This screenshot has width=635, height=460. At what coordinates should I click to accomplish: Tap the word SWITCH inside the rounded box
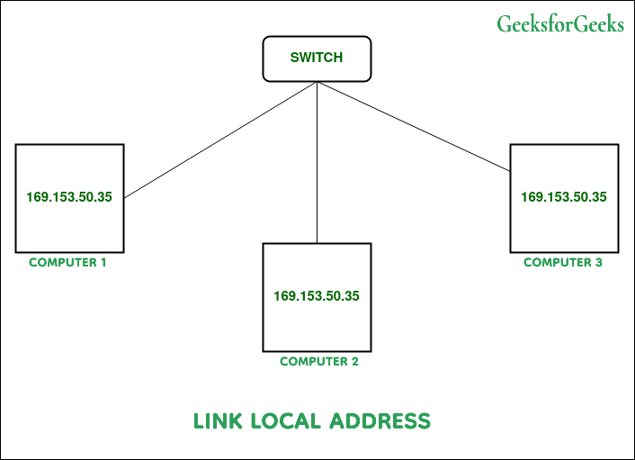316,58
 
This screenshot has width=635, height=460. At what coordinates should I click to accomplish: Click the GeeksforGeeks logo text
559,24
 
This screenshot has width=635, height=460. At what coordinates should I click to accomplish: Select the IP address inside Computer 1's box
69,197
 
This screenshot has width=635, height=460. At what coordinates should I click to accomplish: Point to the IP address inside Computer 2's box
317,295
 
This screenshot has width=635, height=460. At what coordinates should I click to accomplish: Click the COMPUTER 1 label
68,263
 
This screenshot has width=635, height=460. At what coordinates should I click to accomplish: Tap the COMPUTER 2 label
319,362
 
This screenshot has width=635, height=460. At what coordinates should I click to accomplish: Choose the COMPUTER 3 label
563,263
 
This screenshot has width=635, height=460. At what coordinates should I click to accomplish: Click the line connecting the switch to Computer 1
220,140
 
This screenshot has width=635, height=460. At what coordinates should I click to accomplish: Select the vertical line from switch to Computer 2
317,162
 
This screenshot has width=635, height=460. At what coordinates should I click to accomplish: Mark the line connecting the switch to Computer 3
414,126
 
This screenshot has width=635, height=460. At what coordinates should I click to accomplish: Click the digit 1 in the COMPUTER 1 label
103,263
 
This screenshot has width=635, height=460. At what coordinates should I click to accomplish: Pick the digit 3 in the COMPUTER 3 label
598,263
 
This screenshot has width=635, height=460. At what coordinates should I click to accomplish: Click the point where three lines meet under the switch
317,83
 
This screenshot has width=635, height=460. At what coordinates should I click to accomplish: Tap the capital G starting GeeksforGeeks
504,24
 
